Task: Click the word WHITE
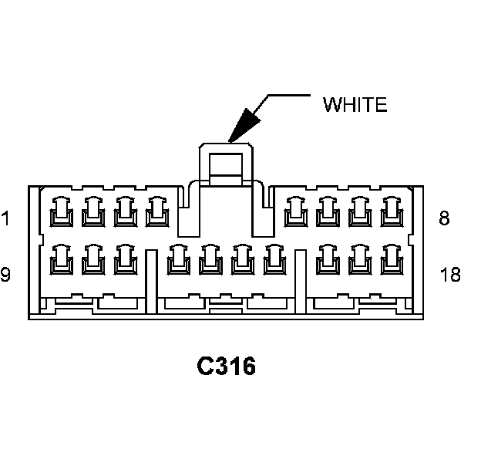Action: click(x=354, y=105)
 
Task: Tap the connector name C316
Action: click(x=226, y=367)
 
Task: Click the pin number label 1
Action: click(x=5, y=219)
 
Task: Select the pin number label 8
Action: click(x=444, y=218)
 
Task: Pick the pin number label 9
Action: click(x=5, y=274)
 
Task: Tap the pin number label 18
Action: click(x=450, y=274)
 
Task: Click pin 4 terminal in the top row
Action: click(x=157, y=211)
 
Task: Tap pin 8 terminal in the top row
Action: click(x=392, y=211)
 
